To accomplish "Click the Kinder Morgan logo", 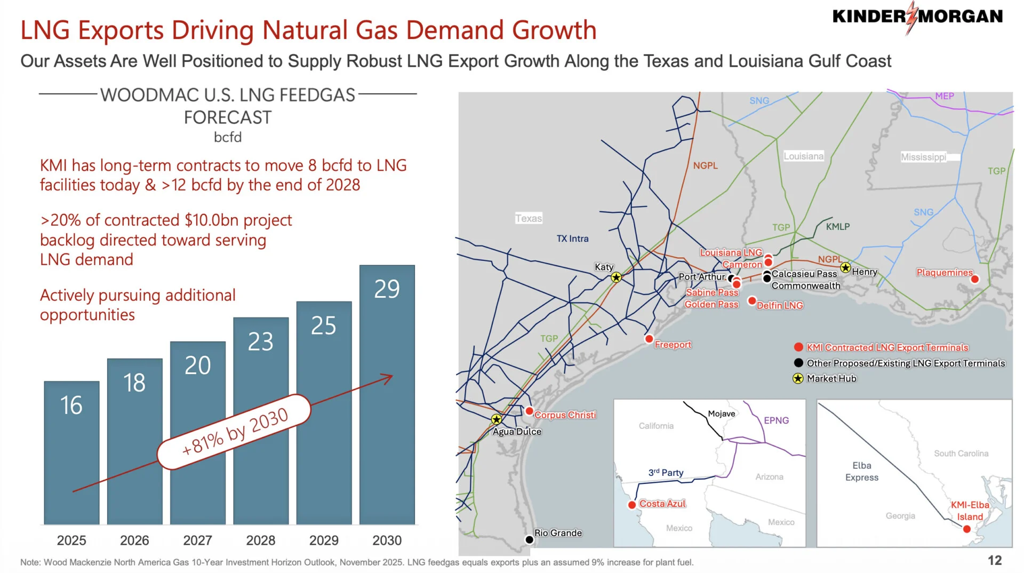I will point(917,17).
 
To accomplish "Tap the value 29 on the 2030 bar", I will point(387,289).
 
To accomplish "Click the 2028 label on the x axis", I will point(260,540).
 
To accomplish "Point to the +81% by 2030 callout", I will point(235,432).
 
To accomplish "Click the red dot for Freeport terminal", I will point(649,339).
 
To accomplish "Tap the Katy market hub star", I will point(616,277).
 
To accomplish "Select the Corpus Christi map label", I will point(565,415).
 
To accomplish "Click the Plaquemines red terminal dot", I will point(975,279).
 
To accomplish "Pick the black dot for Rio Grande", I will point(529,539).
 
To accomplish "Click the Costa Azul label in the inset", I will point(662,504).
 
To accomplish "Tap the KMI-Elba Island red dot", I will point(966,529).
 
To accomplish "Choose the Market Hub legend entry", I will point(831,379).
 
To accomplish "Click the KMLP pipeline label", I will point(837,227).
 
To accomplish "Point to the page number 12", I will point(995,560).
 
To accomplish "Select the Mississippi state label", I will point(923,157).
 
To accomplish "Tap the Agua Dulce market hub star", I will point(497,419).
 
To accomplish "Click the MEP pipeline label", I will point(944,96).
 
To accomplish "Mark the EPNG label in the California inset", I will point(776,420).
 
